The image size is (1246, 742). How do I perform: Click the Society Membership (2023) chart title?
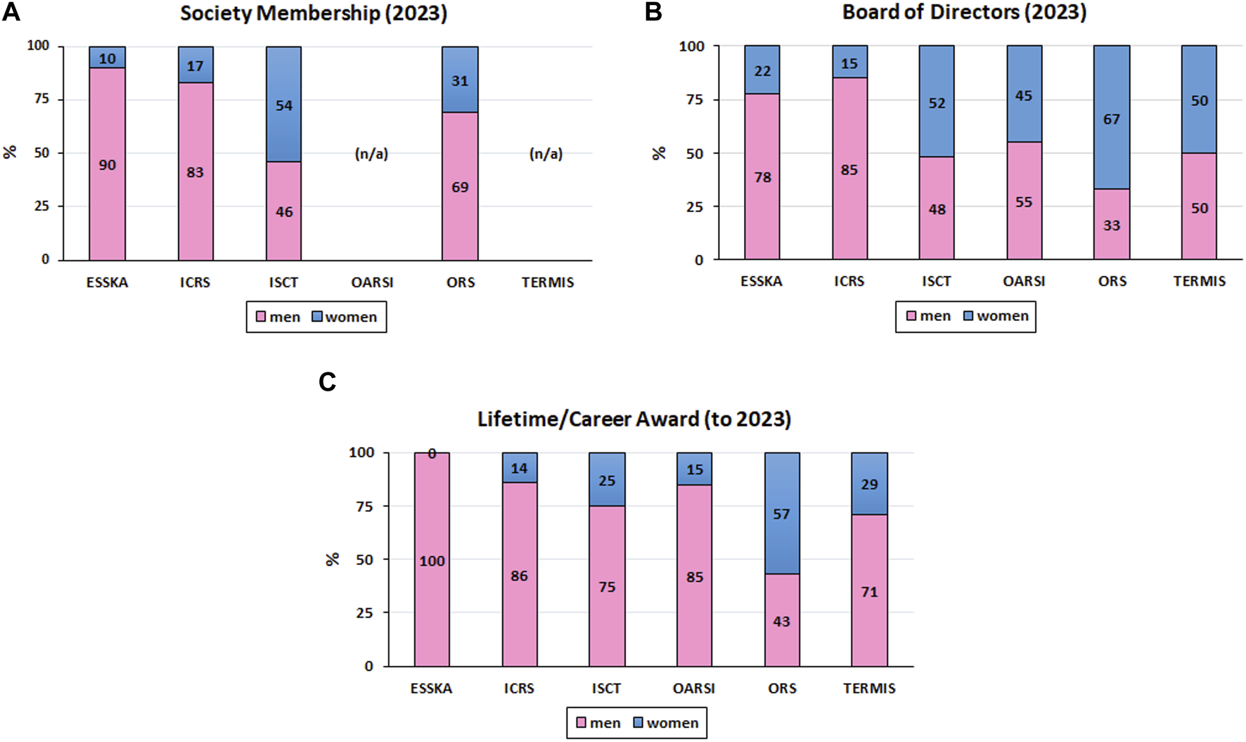click(314, 13)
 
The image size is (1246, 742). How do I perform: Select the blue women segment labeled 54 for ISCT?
click(283, 105)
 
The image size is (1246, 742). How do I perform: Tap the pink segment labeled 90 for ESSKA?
click(107, 164)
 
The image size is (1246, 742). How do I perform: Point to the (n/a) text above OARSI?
click(371, 154)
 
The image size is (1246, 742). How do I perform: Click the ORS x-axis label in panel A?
click(461, 282)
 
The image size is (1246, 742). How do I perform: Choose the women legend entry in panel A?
click(345, 317)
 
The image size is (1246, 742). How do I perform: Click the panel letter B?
click(653, 12)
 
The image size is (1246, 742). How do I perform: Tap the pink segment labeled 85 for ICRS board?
click(849, 169)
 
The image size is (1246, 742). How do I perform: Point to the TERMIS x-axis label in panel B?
click(1199, 281)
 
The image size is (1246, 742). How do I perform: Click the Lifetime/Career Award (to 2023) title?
click(634, 419)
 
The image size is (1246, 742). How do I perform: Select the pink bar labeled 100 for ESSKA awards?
click(432, 561)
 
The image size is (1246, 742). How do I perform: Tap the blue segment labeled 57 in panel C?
click(781, 514)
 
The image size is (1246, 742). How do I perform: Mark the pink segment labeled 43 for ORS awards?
click(781, 621)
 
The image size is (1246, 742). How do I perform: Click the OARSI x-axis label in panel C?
click(694, 689)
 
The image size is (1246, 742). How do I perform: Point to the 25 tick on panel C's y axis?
click(364, 613)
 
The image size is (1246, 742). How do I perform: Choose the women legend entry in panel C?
click(666, 723)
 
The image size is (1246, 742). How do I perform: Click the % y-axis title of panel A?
click(10, 152)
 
